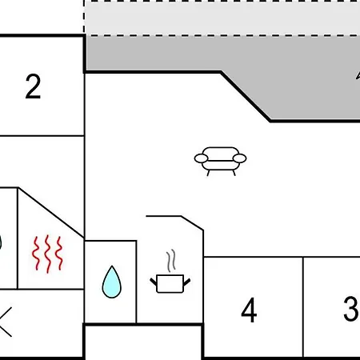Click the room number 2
coord(33,86)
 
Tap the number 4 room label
coord(249,310)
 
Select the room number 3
coord(350,308)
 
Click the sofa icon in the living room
coord(220,161)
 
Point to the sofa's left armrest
coord(201,158)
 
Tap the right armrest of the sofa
coord(239,158)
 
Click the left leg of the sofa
coord(208,173)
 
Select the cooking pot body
coord(170,284)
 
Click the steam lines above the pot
coord(171,261)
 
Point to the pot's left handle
coord(154,282)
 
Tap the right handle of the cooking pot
coord(187,282)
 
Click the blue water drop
coord(112,282)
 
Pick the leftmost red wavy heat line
coord(36,254)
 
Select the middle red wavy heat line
coord(48,254)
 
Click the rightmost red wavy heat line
coord(59,254)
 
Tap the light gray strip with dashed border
coord(222,18)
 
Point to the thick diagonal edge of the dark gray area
coord(246,97)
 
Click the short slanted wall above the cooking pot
coord(192,223)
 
